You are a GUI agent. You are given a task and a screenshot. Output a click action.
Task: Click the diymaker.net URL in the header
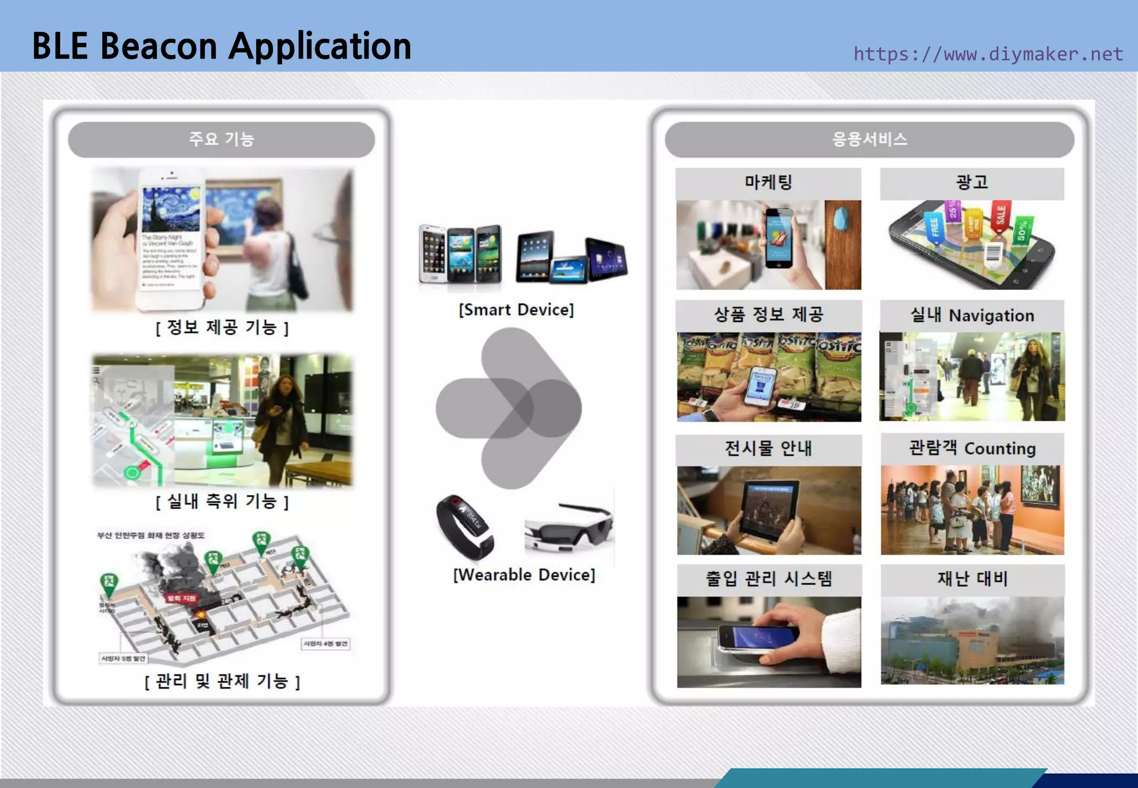pyautogui.click(x=988, y=54)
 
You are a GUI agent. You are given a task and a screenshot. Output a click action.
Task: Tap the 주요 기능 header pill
pyautogui.click(x=221, y=139)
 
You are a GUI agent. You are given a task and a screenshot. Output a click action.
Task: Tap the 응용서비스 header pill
pyautogui.click(x=869, y=139)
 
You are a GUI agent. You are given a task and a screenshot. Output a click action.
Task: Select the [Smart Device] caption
pyautogui.click(x=516, y=310)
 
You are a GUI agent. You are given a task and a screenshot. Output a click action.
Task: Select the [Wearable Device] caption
pyautogui.click(x=524, y=575)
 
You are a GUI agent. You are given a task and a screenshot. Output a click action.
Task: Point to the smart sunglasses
pyautogui.click(x=569, y=526)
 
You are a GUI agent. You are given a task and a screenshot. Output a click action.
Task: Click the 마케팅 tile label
pyautogui.click(x=768, y=182)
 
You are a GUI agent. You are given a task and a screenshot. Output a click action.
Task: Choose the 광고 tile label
pyautogui.click(x=971, y=182)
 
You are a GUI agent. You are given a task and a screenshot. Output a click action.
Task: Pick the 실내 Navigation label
pyautogui.click(x=971, y=315)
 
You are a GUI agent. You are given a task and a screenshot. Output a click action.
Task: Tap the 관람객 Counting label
pyautogui.click(x=972, y=448)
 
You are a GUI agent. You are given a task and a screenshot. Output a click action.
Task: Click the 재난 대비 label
pyautogui.click(x=972, y=578)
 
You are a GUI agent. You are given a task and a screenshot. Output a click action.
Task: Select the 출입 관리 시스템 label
pyautogui.click(x=768, y=578)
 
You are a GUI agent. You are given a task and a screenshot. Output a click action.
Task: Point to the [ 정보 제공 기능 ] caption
pyautogui.click(x=222, y=327)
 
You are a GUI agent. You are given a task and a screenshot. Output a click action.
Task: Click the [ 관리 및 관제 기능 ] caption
pyautogui.click(x=222, y=681)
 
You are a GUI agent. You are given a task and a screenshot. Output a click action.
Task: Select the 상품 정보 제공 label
pyautogui.click(x=768, y=315)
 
